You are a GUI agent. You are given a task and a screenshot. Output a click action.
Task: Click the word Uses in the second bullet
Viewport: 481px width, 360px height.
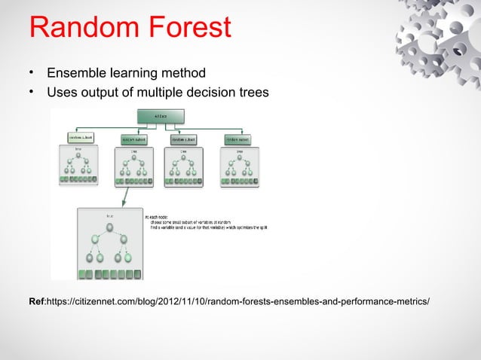point(63,93)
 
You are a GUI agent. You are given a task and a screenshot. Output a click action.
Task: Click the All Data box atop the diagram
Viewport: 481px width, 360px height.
point(160,116)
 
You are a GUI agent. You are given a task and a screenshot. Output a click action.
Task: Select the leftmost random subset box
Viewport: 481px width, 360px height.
point(81,139)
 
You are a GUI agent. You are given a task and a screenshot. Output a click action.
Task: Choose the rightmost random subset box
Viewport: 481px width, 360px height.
point(238,139)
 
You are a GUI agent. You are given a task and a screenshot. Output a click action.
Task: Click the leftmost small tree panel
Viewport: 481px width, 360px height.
point(79,166)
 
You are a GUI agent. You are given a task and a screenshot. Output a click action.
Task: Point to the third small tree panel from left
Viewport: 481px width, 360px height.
point(185,166)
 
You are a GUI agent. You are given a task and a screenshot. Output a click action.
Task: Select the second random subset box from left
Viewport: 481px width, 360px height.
point(133,139)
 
